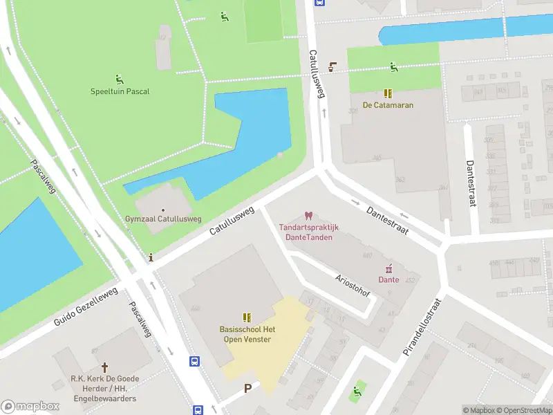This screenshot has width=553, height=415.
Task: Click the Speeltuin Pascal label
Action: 120,91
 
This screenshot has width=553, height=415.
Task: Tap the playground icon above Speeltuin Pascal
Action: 120,79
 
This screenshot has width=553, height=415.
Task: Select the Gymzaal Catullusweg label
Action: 163,219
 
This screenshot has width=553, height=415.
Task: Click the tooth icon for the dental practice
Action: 308,216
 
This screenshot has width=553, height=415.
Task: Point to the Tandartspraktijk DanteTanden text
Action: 308,232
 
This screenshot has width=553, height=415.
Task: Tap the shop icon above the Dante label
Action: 388,268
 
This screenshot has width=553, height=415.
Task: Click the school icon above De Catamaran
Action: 388,93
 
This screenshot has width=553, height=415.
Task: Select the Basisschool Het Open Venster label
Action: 247,334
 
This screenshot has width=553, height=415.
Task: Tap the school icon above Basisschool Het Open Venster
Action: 247,317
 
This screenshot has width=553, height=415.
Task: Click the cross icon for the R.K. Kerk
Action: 105,367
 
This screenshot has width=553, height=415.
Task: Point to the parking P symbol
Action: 247,389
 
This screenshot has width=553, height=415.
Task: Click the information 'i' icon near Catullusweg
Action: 151,257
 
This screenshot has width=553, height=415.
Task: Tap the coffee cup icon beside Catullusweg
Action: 332,67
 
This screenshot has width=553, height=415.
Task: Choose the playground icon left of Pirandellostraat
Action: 357,392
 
